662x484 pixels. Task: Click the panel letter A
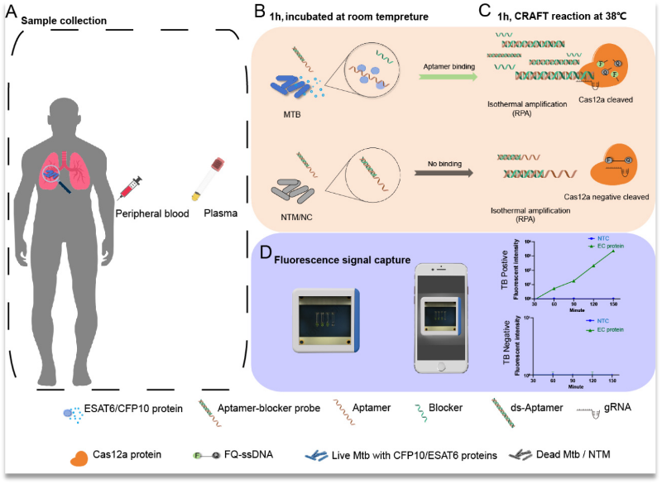point(12,11)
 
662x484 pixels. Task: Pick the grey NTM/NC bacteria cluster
point(290,189)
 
